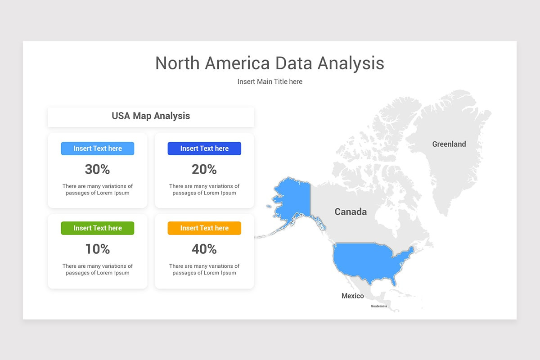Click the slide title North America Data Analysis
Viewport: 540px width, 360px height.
coord(270,63)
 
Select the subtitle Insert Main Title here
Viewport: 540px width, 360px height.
coord(270,81)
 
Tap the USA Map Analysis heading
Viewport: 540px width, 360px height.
coord(151,116)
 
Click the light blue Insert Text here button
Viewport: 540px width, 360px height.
coord(98,148)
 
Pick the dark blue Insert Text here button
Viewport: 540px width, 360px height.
coord(204,148)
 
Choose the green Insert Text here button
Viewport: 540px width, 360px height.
coord(98,228)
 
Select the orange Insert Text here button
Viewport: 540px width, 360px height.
coord(204,228)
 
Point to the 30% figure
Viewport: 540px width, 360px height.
coord(98,169)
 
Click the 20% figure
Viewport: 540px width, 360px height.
coord(204,169)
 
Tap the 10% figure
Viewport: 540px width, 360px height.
coord(98,249)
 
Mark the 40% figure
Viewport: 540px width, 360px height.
coord(204,249)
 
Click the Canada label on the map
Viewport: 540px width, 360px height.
coord(351,211)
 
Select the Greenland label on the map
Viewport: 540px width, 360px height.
coord(449,144)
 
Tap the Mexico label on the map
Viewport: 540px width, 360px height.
coord(352,296)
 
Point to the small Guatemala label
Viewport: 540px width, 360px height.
coord(378,306)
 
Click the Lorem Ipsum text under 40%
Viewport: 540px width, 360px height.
coord(204,269)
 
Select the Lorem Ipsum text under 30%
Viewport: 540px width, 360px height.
coord(98,189)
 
